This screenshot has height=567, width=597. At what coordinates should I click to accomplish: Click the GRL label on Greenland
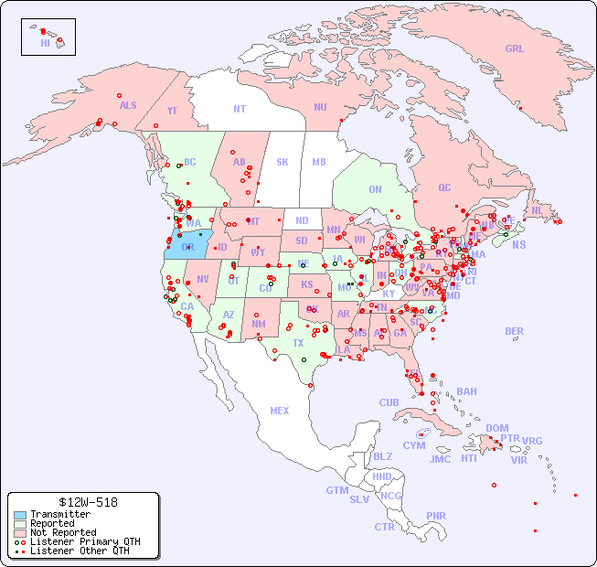point(515,48)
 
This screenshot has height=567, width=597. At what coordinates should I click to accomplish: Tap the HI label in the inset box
point(45,43)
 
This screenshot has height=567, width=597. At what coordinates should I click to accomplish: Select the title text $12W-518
point(83,502)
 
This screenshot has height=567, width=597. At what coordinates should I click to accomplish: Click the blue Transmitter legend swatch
point(19,515)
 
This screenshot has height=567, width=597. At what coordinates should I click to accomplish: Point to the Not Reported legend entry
point(62,532)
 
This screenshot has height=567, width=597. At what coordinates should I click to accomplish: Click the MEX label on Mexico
point(280,411)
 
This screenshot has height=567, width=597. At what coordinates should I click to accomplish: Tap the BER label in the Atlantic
point(515,331)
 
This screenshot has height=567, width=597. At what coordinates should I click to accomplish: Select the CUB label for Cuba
point(389,402)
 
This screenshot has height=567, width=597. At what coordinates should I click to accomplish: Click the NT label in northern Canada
point(240,108)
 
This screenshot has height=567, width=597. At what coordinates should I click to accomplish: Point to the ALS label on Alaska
point(128,105)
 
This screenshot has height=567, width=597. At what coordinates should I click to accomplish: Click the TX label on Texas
point(298,343)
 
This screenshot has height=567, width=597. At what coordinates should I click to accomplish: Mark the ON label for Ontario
point(375,189)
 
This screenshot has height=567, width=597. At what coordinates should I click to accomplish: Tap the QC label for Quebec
point(444,187)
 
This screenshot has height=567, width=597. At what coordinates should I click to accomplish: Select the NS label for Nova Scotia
point(518,244)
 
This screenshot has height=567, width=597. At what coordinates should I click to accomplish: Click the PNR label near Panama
point(436,516)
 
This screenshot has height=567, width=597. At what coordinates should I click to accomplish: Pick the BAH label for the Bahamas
point(466,391)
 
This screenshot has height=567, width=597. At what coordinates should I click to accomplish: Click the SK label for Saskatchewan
point(283,162)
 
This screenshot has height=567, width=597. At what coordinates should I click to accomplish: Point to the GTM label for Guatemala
point(336,490)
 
